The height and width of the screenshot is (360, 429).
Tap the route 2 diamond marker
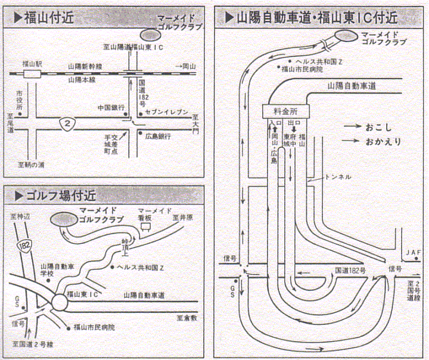(69, 123)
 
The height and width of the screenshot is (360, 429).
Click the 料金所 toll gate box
(284, 111)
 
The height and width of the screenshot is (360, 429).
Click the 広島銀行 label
(158, 136)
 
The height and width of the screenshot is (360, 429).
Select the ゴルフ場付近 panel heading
(54, 194)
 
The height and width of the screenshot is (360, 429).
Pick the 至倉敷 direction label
(186, 319)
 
